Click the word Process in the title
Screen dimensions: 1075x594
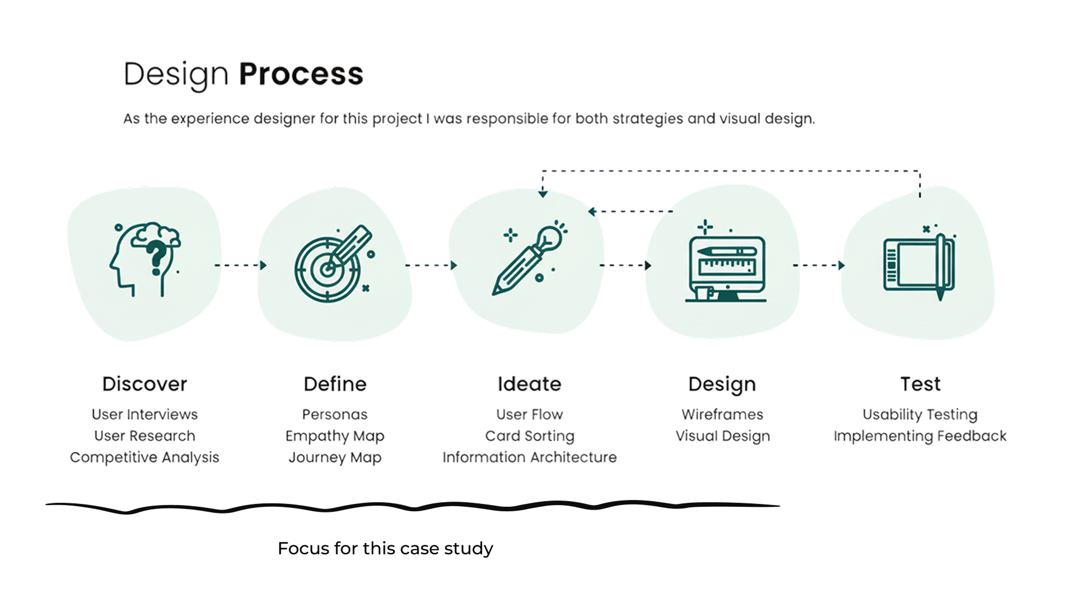301,74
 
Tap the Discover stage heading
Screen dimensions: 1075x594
144,384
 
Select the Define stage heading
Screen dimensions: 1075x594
335,384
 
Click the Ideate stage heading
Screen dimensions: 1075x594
529,384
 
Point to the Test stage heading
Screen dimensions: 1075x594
920,384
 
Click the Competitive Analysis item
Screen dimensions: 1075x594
144,457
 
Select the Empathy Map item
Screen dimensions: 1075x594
335,436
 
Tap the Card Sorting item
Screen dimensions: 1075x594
529,436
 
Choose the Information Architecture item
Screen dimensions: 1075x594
529,457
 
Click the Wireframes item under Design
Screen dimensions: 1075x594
722,415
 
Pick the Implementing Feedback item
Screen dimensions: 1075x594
920,436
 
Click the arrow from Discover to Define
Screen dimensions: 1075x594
240,265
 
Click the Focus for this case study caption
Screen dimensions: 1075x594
385,549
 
